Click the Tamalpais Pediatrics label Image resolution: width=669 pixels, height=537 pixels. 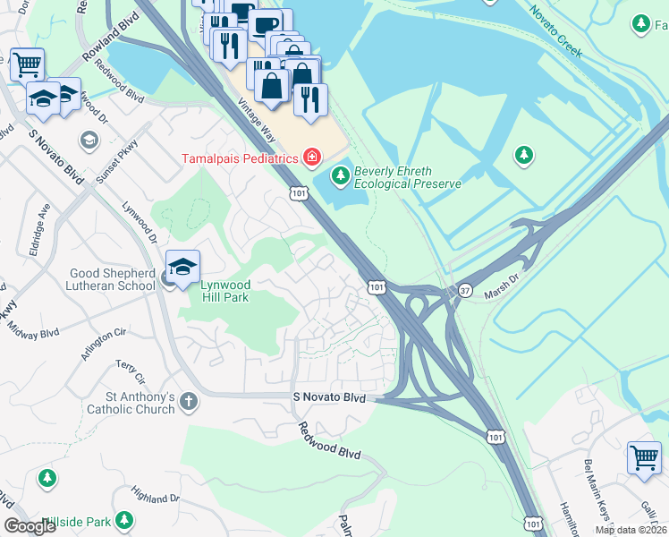coord(240,158)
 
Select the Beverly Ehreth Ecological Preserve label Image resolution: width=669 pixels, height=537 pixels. coord(407,177)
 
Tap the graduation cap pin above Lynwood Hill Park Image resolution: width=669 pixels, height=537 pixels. coord(182,268)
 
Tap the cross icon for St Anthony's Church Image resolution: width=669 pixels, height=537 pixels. coord(188,402)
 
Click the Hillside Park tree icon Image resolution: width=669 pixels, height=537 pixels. coord(124,519)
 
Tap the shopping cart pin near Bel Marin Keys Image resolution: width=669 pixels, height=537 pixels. coord(643,457)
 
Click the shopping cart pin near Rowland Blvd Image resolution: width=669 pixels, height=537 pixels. coord(26,64)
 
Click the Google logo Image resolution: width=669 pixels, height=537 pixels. coord(30,526)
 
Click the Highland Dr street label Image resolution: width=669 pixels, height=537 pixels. coord(155,497)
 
